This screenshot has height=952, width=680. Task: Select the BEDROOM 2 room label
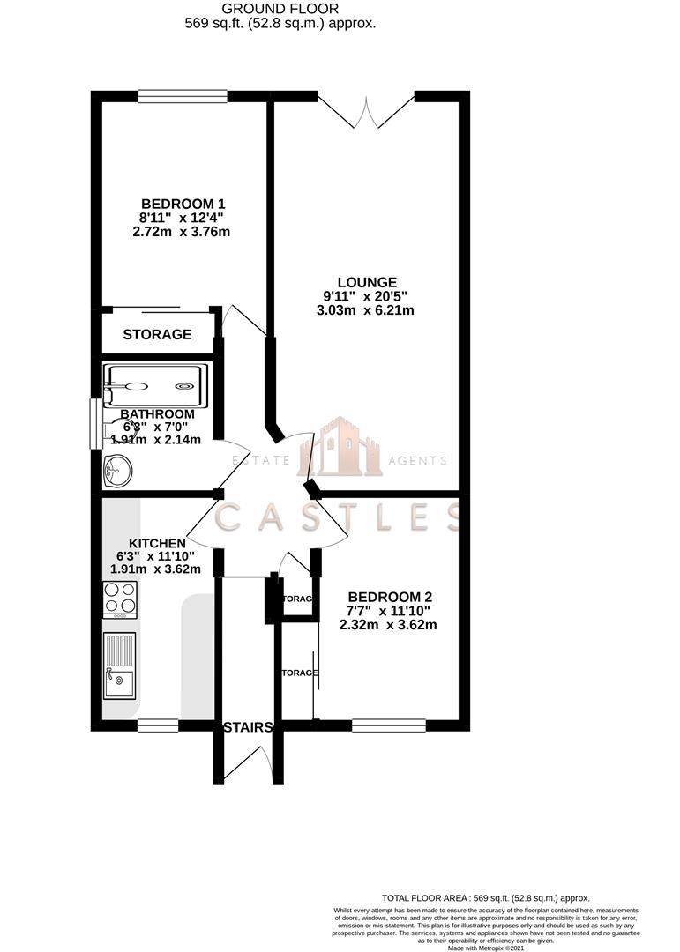(x=388, y=596)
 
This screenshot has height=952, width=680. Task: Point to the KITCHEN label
(x=157, y=543)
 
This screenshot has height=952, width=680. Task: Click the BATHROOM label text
(x=157, y=414)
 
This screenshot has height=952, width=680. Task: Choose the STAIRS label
(x=247, y=727)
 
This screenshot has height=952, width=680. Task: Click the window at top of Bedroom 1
(x=183, y=96)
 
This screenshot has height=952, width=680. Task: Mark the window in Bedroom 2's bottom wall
(x=389, y=726)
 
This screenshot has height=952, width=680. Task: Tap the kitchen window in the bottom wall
(x=158, y=726)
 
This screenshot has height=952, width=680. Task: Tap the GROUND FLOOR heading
(x=280, y=9)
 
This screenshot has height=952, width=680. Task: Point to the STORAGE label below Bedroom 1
(x=157, y=335)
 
